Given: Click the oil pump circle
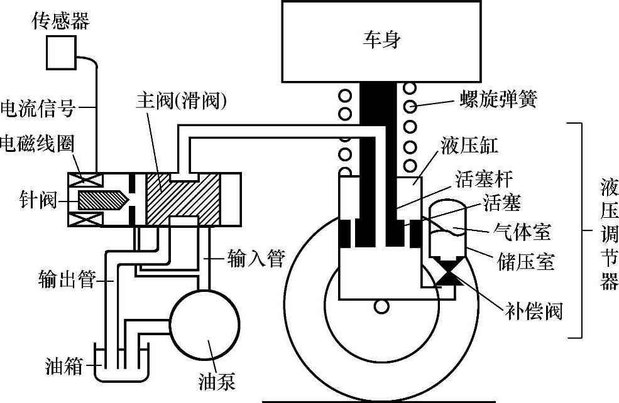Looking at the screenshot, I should (x=201, y=319).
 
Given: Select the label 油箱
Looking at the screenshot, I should (x=64, y=365).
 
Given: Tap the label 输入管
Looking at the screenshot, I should (x=255, y=258).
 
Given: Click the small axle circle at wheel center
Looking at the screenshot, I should (x=381, y=306).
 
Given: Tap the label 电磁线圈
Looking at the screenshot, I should (x=38, y=144).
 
